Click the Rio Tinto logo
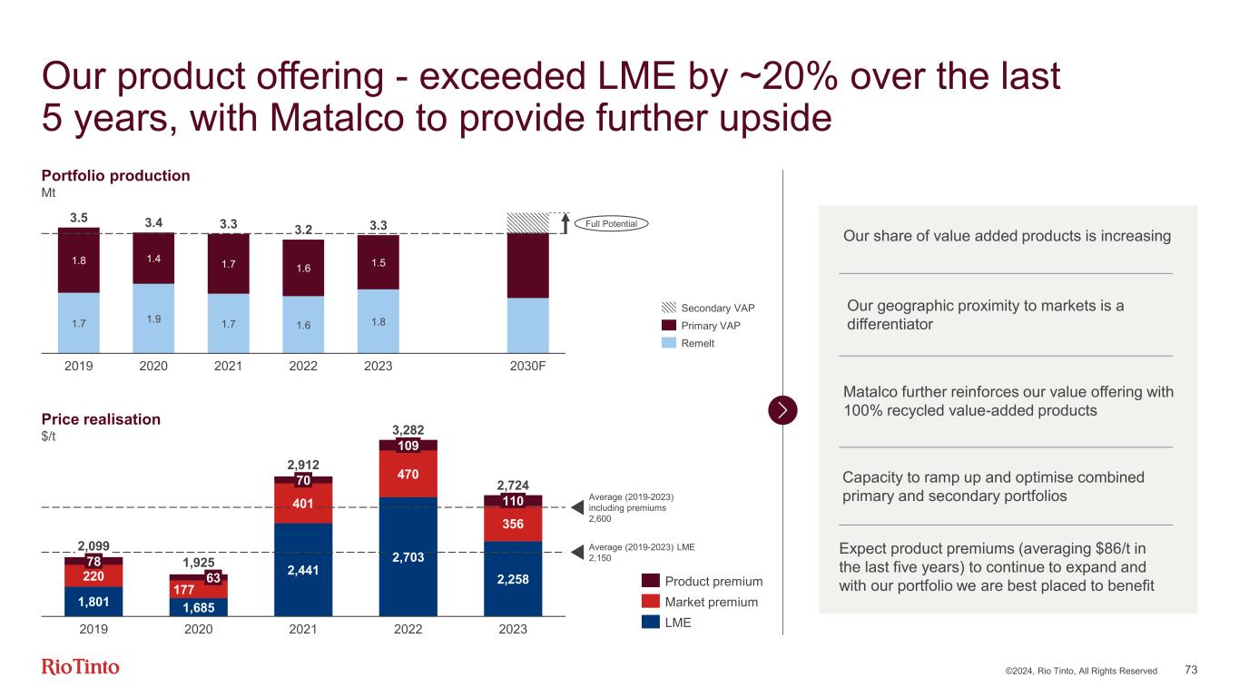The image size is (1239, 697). [x=81, y=667]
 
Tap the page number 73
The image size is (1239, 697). [x=1191, y=670]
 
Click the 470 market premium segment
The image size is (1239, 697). [x=408, y=473]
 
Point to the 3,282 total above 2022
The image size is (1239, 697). [x=408, y=429]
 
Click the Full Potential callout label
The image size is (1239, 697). [x=614, y=223]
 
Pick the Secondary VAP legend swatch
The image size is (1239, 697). [x=670, y=307]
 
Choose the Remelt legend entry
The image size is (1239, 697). [x=698, y=343]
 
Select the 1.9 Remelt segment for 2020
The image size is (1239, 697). [x=153, y=318]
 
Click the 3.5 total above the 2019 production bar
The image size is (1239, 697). [x=79, y=218]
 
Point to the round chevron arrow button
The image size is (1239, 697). [x=782, y=410]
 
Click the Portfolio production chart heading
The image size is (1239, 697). [x=116, y=176]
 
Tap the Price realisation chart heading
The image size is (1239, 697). [x=101, y=419]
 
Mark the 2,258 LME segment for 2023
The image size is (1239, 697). [x=513, y=579]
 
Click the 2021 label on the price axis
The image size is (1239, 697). [x=303, y=628]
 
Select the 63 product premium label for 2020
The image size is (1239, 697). [x=214, y=578]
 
